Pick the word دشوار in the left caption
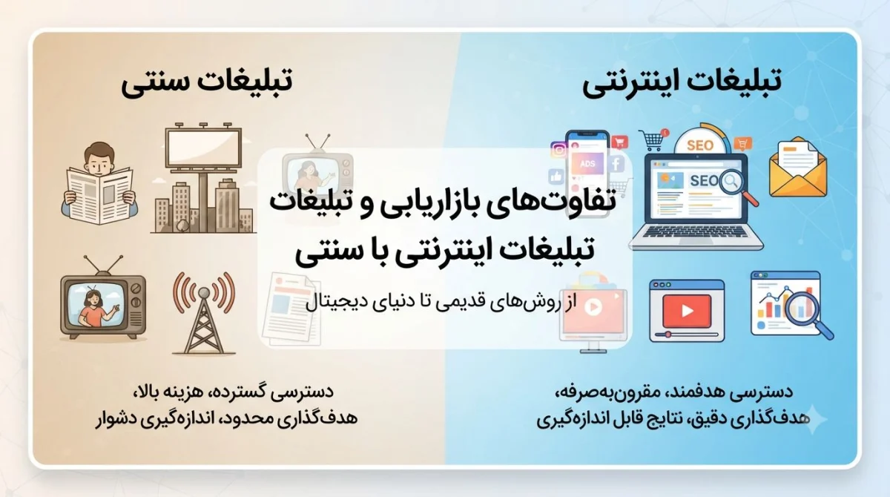point(113,418)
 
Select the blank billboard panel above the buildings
point(203,148)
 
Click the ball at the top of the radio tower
point(204,293)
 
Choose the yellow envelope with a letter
point(798,168)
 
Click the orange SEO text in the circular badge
point(699,145)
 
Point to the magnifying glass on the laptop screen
point(738,187)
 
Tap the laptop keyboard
point(696,231)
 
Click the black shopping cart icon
point(652,141)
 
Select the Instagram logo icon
point(558,150)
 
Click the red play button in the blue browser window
point(687,311)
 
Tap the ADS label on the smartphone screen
point(587,164)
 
